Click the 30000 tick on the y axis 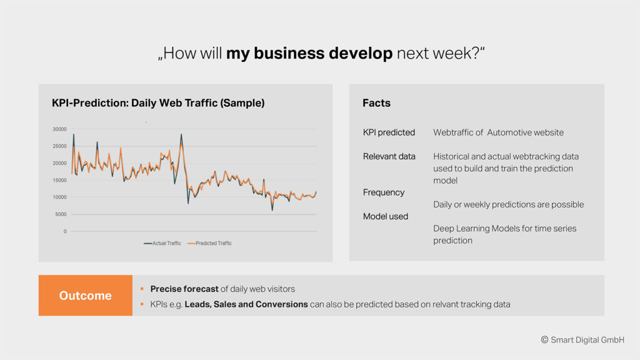point(59,129)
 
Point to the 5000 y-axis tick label point(61,214)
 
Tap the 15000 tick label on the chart point(59,180)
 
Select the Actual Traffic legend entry point(162,243)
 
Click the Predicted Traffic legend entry point(209,243)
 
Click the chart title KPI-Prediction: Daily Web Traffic point(158,103)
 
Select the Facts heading point(376,103)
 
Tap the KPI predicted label point(389,132)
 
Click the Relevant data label point(389,156)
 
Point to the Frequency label point(384,192)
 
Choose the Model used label point(385,216)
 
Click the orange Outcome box point(85,295)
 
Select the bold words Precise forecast point(184,289)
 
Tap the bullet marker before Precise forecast point(142,289)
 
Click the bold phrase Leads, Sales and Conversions point(246,304)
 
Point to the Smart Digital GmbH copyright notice point(582,339)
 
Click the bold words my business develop point(309,54)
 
